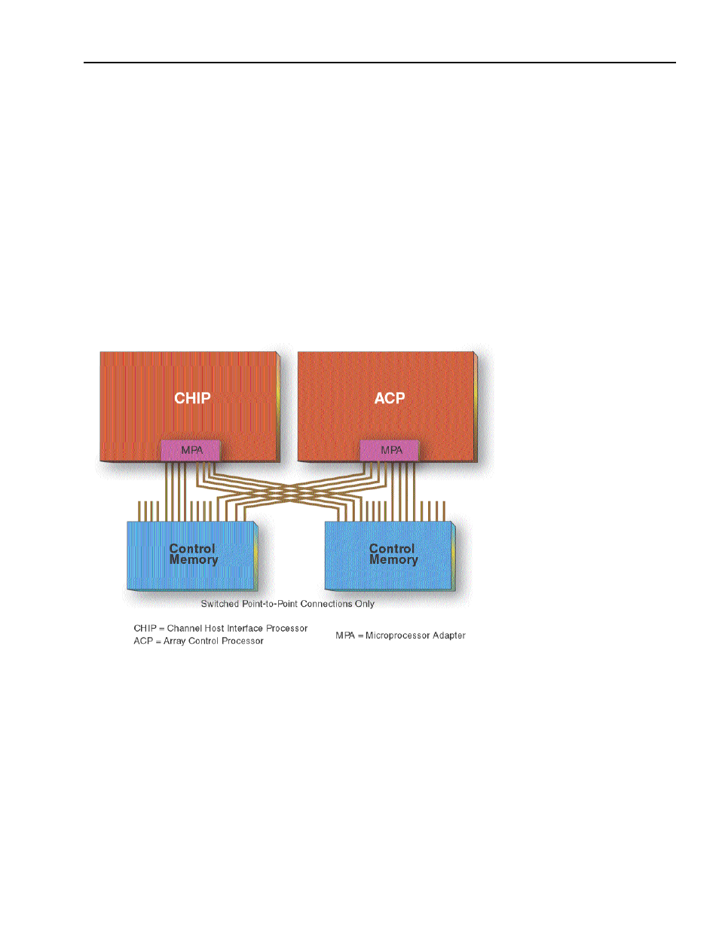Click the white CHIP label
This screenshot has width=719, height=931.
(x=192, y=398)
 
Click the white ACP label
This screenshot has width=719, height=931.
(x=390, y=398)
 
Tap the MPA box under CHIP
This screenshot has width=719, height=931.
(x=191, y=450)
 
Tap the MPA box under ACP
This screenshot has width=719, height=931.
(x=390, y=450)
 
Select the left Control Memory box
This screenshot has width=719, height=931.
(x=193, y=555)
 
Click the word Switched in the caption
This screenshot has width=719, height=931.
(x=219, y=604)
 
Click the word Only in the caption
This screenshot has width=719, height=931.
(x=365, y=604)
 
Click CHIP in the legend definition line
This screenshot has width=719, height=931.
(x=145, y=628)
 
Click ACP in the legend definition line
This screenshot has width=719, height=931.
(x=142, y=641)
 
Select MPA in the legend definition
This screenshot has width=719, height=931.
(x=345, y=635)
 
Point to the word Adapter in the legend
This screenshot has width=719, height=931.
(x=449, y=635)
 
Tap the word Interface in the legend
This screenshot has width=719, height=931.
(x=245, y=628)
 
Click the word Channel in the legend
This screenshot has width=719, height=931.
(x=185, y=628)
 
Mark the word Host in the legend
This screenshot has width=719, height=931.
(x=215, y=628)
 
